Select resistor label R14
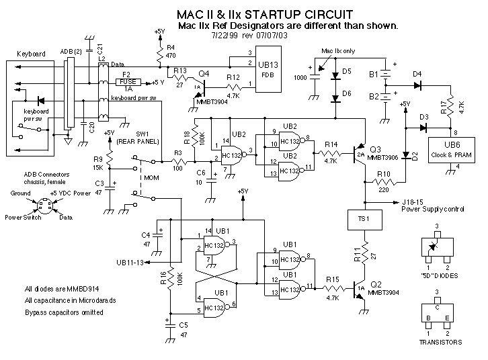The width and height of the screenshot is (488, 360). point(331,144)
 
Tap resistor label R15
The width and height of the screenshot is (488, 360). point(333,278)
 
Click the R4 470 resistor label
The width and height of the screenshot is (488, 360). point(169,52)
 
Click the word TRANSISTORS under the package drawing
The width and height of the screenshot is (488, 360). point(440,342)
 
